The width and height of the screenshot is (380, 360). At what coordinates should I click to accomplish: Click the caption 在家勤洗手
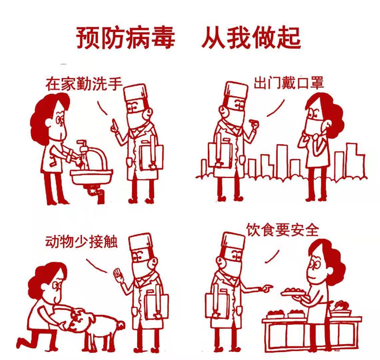(x=84, y=84)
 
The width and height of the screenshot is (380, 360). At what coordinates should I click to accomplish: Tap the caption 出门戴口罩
(x=289, y=82)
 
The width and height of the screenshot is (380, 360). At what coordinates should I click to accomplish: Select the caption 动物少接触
(x=81, y=242)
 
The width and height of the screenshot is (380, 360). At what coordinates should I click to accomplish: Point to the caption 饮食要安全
(x=282, y=229)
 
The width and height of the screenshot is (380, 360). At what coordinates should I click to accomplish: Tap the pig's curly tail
(x=121, y=325)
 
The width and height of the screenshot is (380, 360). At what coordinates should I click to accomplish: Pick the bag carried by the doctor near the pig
(x=156, y=305)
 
